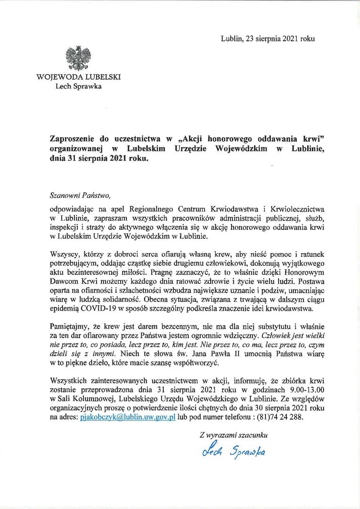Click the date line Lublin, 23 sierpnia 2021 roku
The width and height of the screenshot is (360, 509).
267,39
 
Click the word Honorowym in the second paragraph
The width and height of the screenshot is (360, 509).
302,273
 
